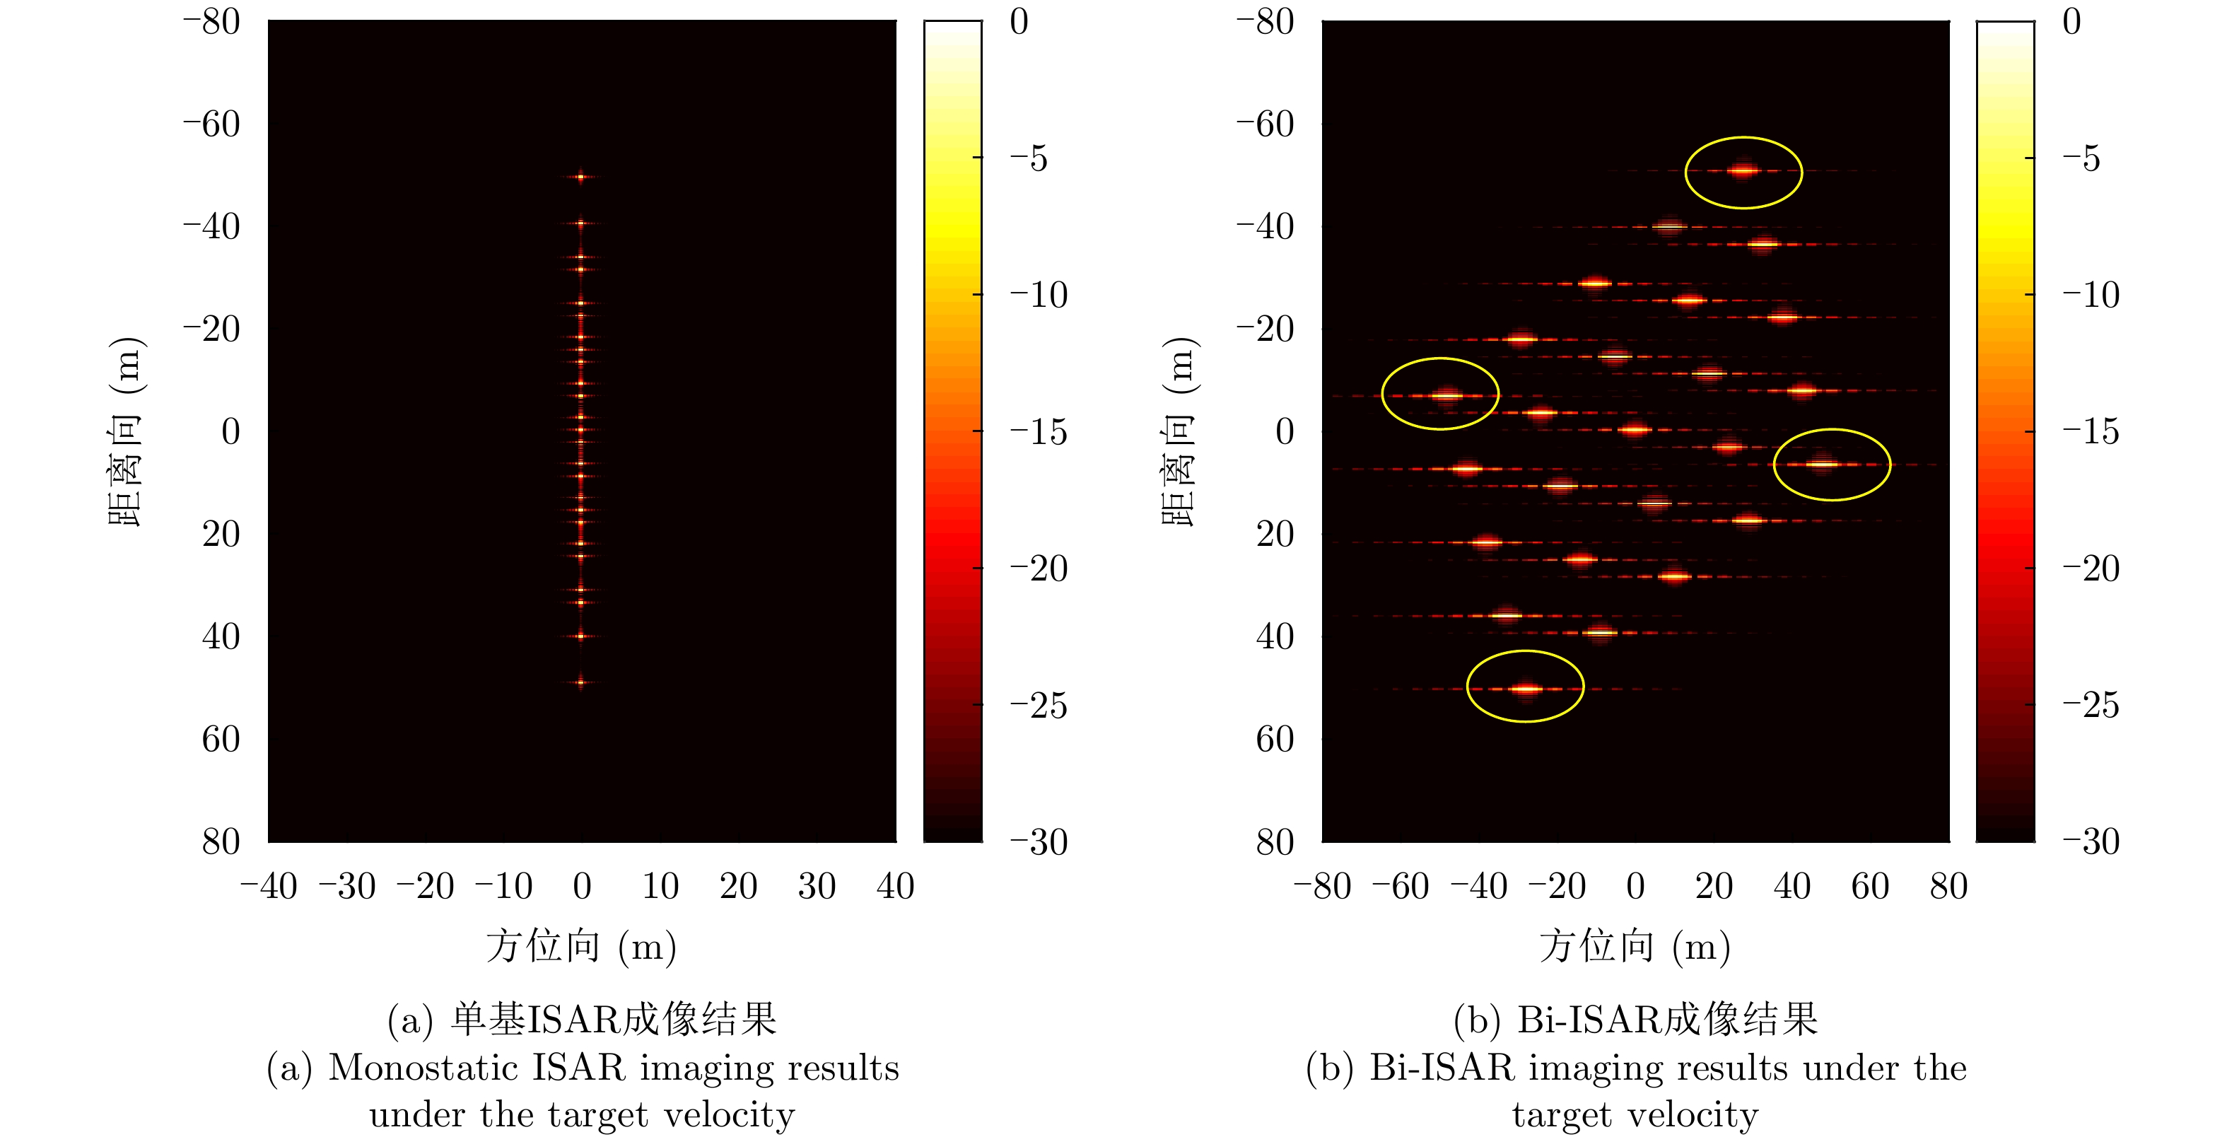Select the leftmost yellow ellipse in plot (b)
coord(1439,393)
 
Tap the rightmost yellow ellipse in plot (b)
coord(1831,465)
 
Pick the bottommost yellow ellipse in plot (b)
coord(1525,687)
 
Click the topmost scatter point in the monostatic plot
coord(581,177)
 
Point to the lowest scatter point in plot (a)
coord(581,682)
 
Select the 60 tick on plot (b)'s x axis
coord(1870,886)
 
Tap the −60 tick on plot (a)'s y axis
coord(212,124)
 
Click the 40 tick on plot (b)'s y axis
coord(1275,636)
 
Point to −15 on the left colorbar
coord(1039,431)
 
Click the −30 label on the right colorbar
coord(2091,841)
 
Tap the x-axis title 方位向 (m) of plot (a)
coord(581,946)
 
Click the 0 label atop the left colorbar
coord(1019,22)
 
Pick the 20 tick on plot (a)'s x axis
coord(737,886)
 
